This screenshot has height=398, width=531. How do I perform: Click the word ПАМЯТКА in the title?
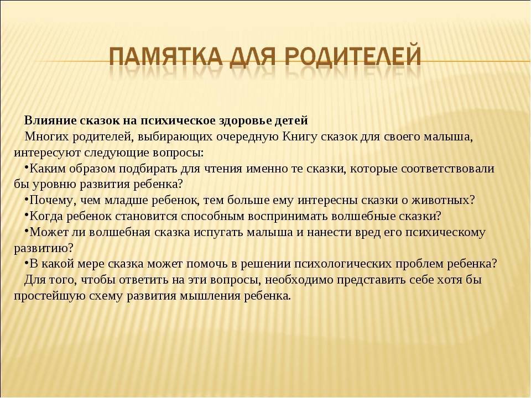point(165,56)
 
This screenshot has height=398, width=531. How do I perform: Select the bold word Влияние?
point(50,121)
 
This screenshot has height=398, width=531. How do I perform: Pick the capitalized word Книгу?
point(299,137)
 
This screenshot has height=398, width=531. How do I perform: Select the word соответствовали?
point(447,169)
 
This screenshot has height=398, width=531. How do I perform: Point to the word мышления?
point(210,296)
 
